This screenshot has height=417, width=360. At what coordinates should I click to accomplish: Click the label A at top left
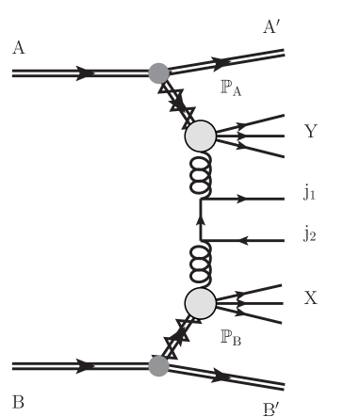(19, 47)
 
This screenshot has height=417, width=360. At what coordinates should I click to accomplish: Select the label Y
(311, 132)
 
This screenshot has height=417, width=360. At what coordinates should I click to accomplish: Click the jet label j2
(310, 233)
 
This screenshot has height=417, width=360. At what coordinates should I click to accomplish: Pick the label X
(311, 297)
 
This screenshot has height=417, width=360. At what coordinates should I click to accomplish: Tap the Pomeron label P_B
(231, 336)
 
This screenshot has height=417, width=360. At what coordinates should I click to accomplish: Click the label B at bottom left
(19, 398)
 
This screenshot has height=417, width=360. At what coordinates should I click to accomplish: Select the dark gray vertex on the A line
(159, 72)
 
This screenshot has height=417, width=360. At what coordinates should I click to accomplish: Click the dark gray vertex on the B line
(159, 365)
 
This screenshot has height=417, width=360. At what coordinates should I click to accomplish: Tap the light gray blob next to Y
(200, 137)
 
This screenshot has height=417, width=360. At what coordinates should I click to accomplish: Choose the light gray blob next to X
(200, 302)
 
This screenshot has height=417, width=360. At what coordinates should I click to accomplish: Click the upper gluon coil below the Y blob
(200, 174)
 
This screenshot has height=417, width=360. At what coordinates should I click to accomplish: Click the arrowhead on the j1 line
(242, 200)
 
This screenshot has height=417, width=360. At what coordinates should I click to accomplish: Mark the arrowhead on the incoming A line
(87, 72)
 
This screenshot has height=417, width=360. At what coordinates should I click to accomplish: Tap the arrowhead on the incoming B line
(87, 365)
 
